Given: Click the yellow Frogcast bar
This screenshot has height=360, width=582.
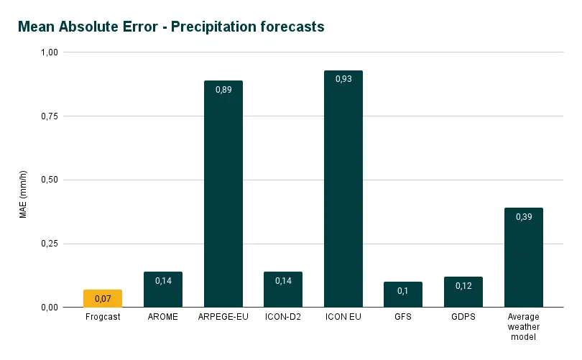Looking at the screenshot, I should click(103, 299).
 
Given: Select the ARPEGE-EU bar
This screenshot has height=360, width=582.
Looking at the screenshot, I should click(223, 194).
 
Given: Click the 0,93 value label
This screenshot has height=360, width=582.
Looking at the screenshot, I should click(343, 79).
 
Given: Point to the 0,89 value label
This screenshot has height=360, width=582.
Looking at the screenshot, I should click(223, 89).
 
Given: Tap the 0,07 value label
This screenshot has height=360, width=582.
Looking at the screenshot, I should click(103, 298).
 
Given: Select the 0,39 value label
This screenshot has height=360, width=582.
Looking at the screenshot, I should click(523, 216).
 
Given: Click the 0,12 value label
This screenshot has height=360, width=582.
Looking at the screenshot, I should click(463, 285).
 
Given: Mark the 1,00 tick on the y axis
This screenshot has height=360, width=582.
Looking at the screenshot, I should click(50, 52).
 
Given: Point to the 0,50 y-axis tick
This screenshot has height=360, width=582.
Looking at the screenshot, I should click(50, 180).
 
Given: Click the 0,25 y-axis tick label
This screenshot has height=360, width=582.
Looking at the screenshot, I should click(50, 244).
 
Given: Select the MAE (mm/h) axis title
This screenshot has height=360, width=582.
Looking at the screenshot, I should click(24, 194).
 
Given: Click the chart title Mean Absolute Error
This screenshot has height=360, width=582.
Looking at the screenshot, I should click(171, 27).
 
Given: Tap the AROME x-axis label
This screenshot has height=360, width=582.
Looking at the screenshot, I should click(163, 317).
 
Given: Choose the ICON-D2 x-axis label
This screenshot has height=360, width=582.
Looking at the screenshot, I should click(283, 317).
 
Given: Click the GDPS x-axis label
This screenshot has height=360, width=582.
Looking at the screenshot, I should click(463, 317).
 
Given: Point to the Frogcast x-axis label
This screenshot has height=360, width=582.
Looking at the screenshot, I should click(103, 317).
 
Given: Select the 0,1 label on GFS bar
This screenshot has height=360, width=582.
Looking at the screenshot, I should click(403, 290).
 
